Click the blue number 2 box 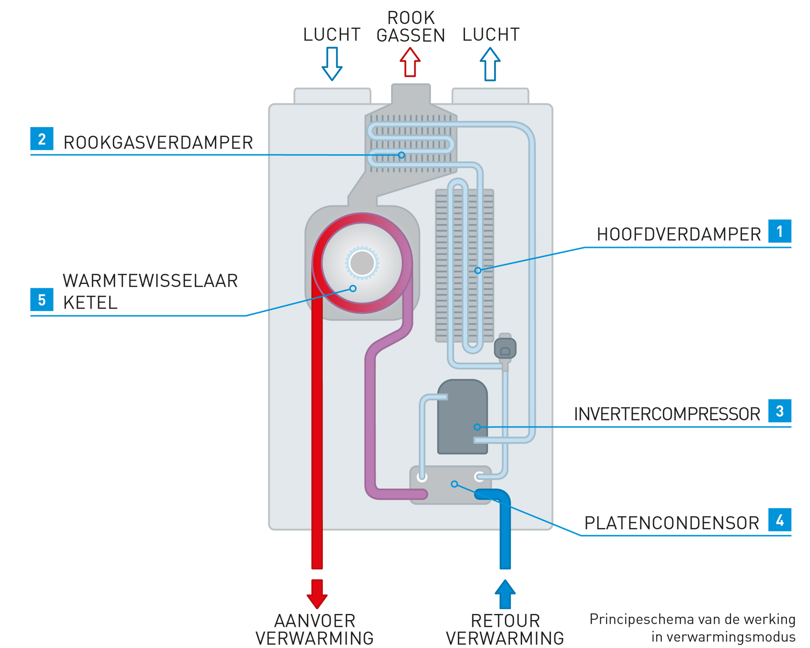point(42,139)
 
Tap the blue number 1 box point(780,231)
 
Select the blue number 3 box point(780,411)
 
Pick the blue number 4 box point(780,520)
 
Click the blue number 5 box point(42,300)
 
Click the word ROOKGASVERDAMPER point(158,143)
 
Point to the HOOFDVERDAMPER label point(679,234)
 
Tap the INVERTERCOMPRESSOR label point(667,414)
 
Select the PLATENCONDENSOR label point(671,523)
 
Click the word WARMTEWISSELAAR point(150,281)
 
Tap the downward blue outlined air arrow point(332,64)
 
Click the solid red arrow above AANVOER point(317,593)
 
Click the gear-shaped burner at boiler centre point(362,263)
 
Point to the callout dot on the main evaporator point(478,270)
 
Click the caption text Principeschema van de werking point(692,619)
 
